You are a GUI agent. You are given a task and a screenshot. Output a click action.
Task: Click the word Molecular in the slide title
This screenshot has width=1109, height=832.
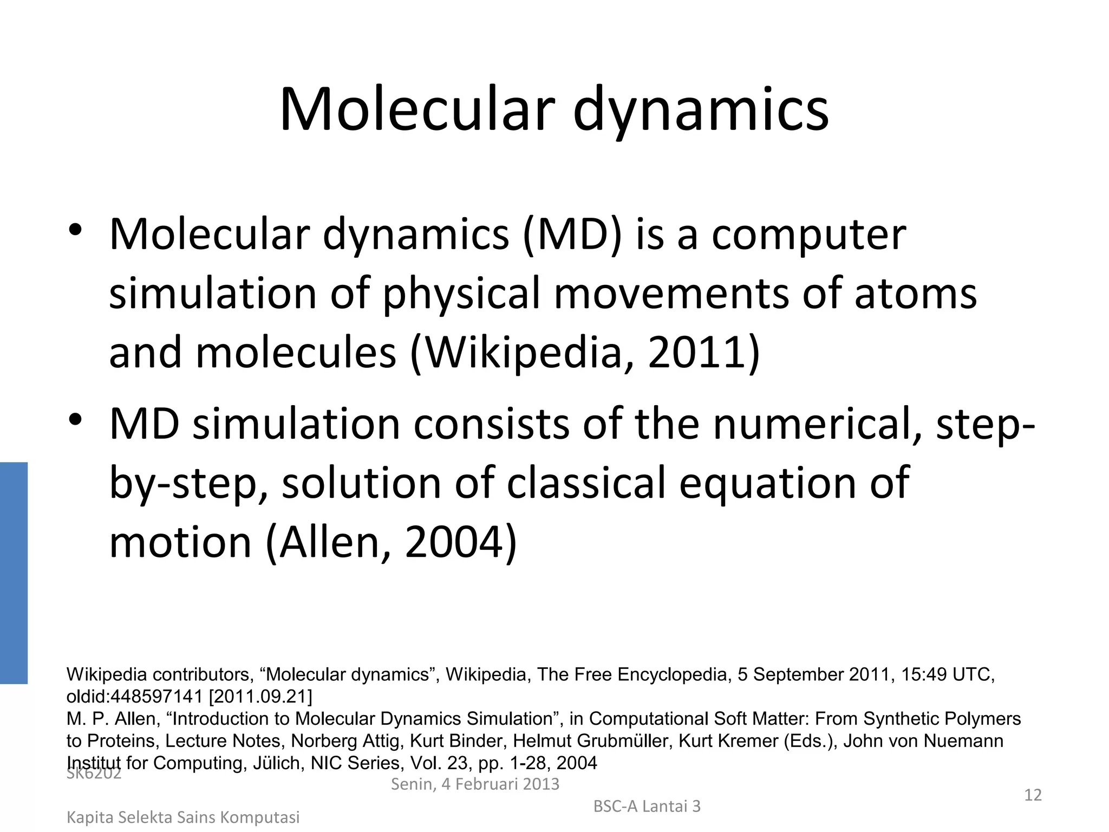tap(417, 110)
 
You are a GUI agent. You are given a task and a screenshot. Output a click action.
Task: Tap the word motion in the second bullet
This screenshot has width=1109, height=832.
tap(180, 543)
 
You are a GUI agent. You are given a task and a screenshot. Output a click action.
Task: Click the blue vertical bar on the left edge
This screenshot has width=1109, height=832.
tap(14, 573)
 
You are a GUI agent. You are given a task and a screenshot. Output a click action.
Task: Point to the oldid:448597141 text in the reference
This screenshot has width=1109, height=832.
tap(134, 697)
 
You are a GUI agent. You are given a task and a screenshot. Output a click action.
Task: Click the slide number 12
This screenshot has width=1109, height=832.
tap(1033, 795)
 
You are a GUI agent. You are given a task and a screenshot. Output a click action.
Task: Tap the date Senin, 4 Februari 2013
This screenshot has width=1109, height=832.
tap(475, 784)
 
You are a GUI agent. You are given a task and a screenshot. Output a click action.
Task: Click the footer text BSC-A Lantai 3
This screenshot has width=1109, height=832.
tap(647, 807)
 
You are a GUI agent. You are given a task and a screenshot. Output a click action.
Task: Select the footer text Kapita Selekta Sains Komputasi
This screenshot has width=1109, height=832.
tap(183, 817)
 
